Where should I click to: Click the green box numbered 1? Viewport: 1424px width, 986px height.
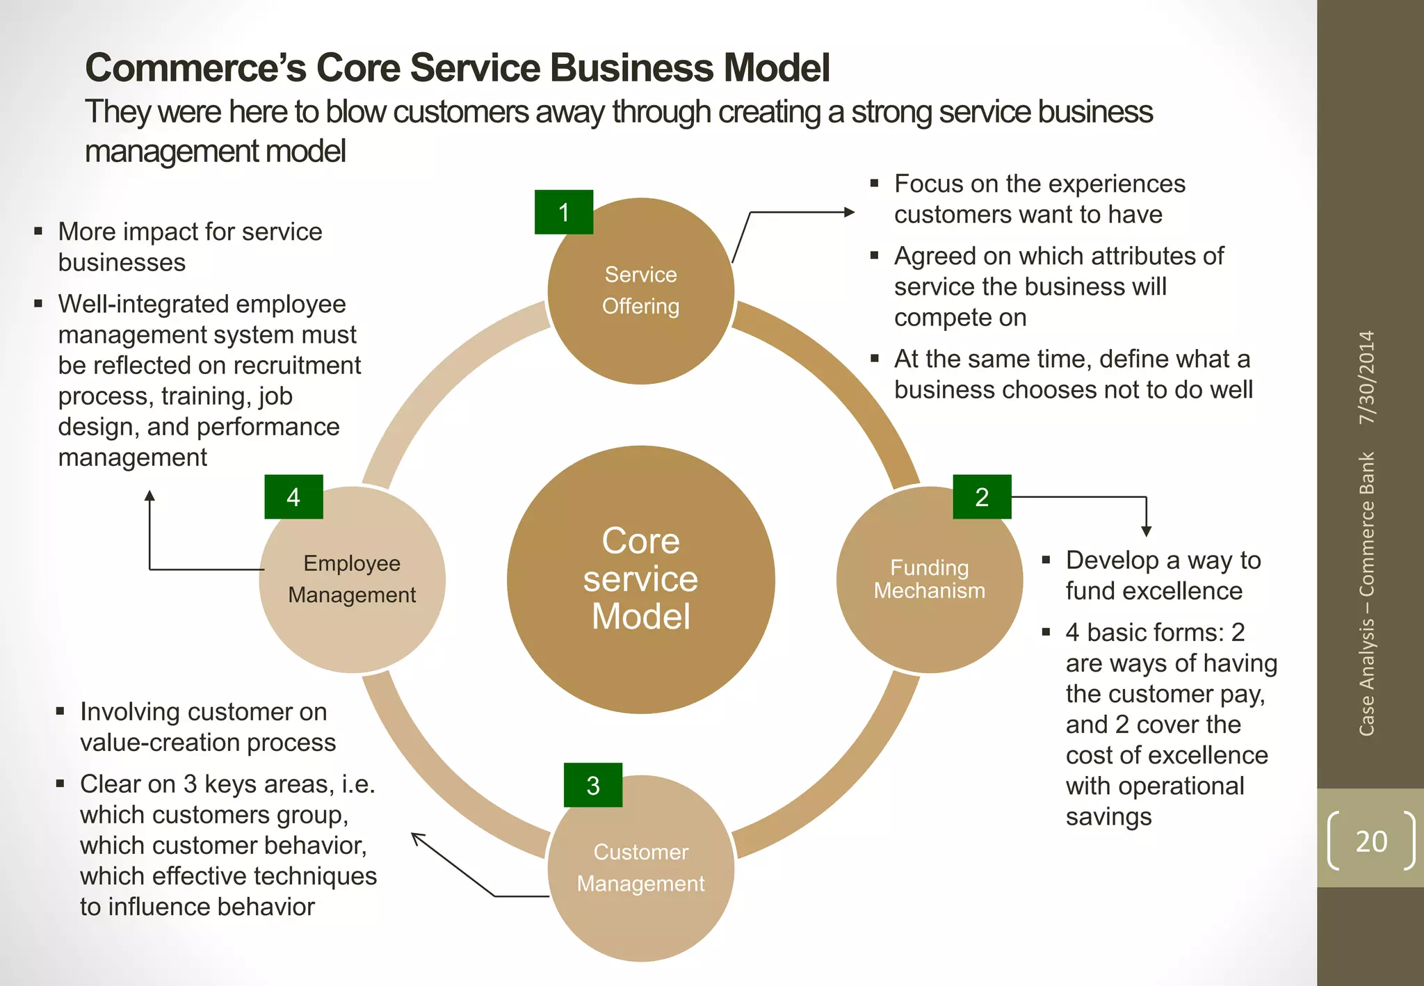(563, 212)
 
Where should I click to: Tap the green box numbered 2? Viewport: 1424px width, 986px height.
(981, 497)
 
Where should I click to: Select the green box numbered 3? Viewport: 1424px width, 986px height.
(592, 785)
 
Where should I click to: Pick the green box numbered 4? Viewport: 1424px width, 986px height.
(293, 497)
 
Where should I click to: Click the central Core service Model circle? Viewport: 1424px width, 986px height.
(640, 579)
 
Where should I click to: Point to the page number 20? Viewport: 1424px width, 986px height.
(1370, 841)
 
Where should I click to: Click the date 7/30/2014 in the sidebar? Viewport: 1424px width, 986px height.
(1367, 377)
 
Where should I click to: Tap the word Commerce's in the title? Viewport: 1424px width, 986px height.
(195, 67)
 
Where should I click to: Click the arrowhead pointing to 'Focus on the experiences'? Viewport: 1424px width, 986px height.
(850, 212)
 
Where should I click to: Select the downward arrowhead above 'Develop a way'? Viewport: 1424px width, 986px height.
(1146, 531)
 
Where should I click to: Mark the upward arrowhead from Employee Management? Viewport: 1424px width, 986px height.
(149, 495)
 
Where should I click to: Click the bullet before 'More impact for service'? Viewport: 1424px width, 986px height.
(38, 232)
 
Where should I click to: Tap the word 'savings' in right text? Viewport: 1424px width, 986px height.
(1108, 816)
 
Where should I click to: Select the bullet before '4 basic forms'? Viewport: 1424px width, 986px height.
(1046, 632)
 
